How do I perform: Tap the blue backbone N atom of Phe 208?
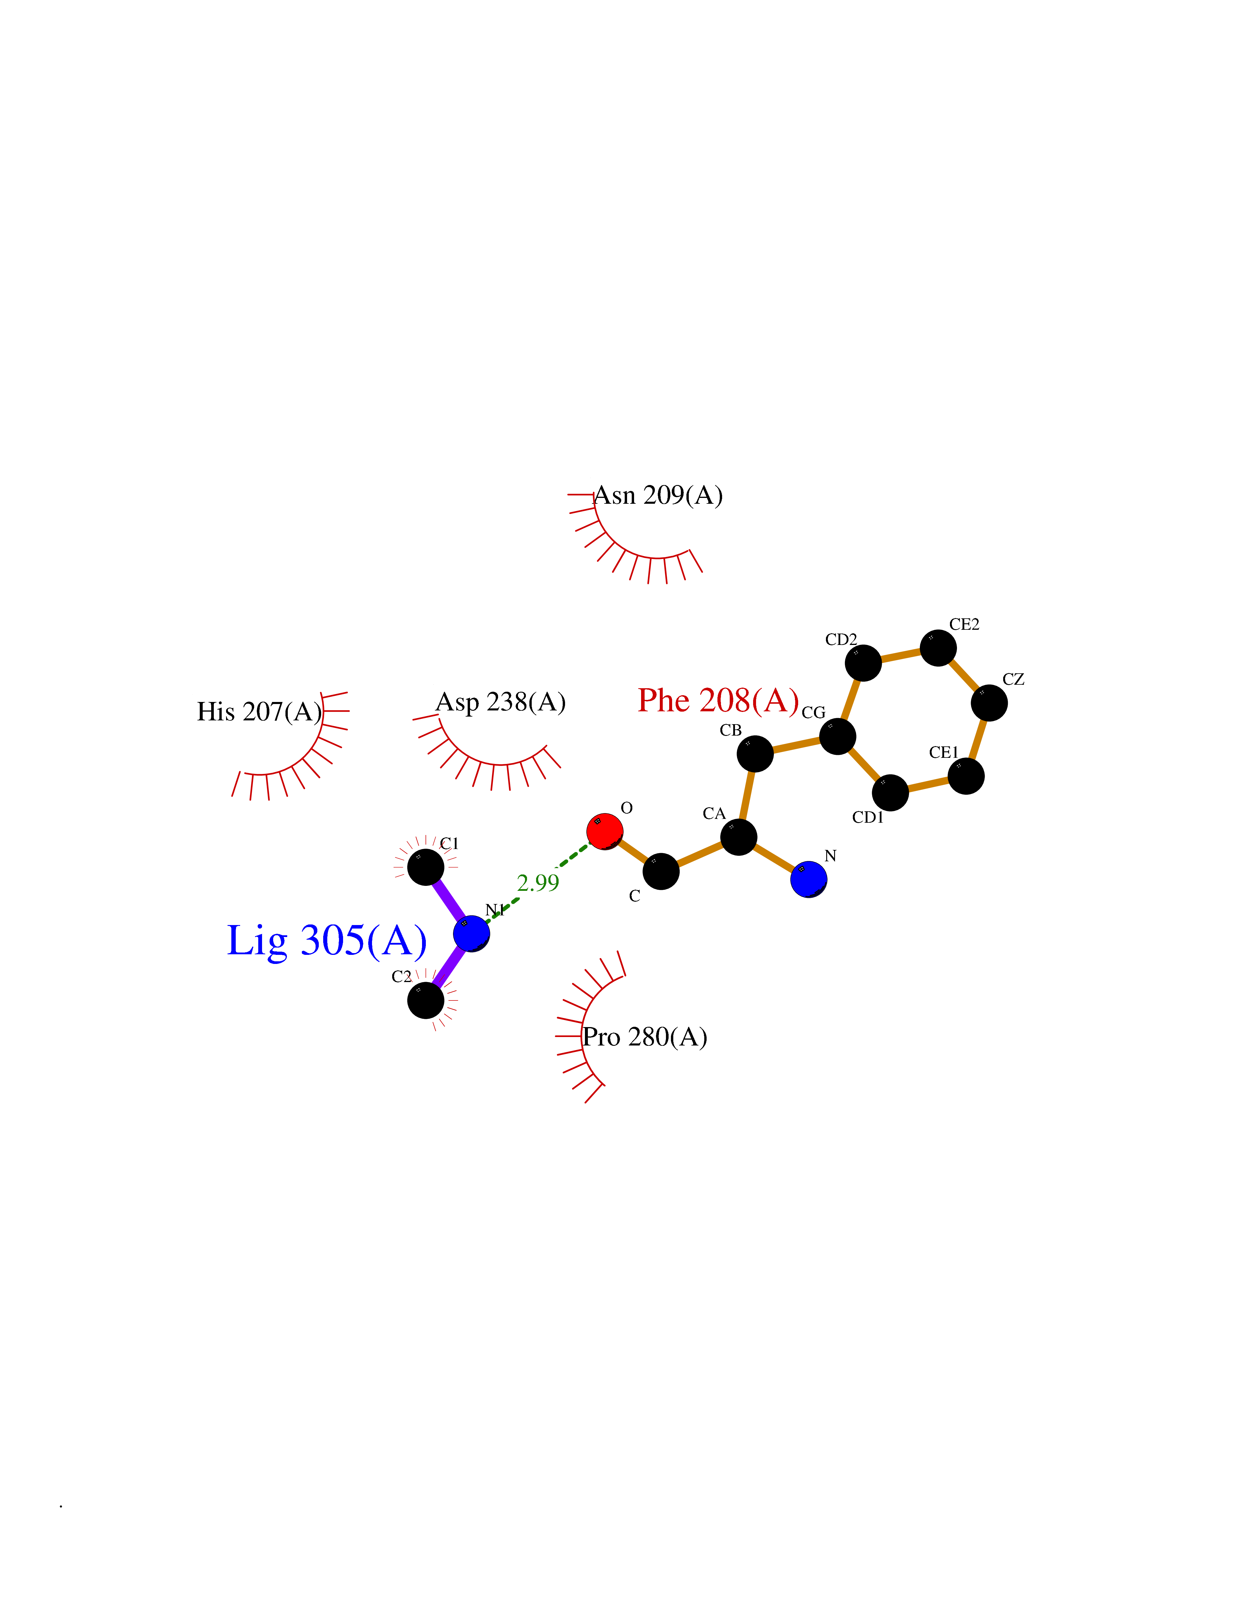coord(809,879)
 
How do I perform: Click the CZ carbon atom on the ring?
coord(989,702)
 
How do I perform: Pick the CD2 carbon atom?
coord(863,662)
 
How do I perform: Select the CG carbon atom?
coord(837,736)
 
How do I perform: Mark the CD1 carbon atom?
coord(890,792)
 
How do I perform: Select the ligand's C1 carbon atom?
coord(426,867)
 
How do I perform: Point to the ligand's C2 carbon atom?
coord(426,1000)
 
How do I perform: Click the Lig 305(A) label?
coord(327,941)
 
